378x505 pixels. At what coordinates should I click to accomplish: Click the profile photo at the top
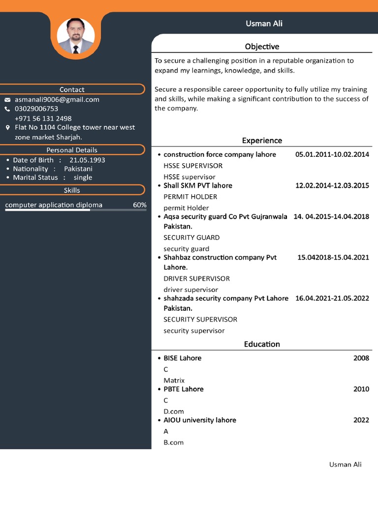76,36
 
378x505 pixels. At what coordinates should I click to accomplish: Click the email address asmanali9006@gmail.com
57,99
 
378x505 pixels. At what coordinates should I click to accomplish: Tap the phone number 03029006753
36,108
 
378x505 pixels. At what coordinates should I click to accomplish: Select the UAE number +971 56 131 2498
43,118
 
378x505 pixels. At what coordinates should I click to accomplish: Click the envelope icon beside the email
7,100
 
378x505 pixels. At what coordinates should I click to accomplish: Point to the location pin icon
7,128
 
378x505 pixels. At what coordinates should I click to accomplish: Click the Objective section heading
262,46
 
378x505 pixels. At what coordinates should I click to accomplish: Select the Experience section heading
262,141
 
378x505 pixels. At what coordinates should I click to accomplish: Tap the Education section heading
262,344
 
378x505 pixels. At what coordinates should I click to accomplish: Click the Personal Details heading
72,150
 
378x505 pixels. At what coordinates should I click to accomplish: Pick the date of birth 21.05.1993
87,160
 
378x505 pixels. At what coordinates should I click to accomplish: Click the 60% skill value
139,205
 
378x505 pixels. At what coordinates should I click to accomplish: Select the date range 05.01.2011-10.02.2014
332,154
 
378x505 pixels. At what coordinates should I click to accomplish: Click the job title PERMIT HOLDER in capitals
190,196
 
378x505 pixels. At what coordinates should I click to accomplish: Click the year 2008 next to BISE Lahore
361,358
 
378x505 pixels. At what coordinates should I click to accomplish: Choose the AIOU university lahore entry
200,420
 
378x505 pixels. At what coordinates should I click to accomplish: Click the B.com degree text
173,442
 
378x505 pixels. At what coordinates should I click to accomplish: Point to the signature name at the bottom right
345,465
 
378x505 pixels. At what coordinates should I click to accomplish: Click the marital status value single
83,178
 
